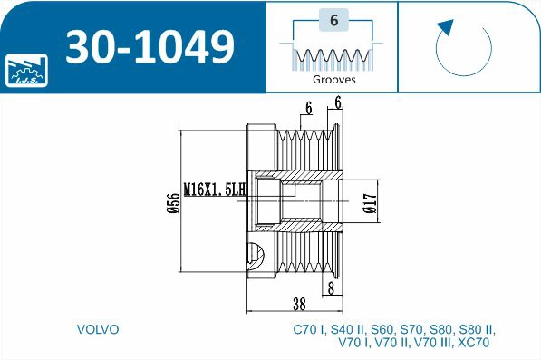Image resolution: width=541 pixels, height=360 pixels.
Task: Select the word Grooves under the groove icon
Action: pyautogui.click(x=333, y=79)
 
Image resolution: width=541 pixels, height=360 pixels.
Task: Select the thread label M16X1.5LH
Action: pyautogui.click(x=214, y=190)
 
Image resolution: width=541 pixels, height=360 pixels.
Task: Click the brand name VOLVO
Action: pyautogui.click(x=98, y=329)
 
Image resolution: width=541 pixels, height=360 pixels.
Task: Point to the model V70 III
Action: pyautogui.click(x=431, y=344)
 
